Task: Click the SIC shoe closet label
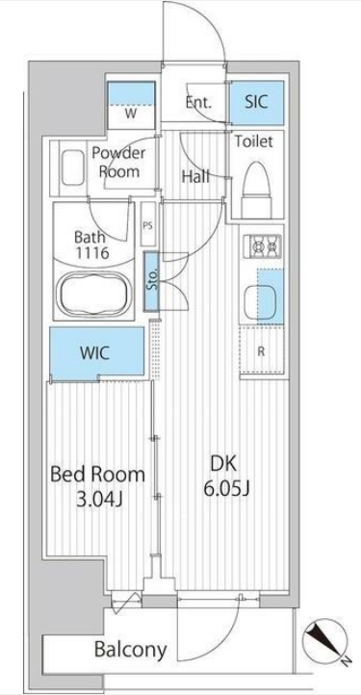[x=256, y=101]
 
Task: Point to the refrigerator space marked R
[x=261, y=352]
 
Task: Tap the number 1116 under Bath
[x=91, y=253]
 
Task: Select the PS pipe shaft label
[x=147, y=224]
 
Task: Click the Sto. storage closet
[x=152, y=281]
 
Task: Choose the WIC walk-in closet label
[x=94, y=353]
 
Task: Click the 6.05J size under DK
[x=227, y=489]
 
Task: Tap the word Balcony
[x=131, y=650]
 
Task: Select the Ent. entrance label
[x=198, y=102]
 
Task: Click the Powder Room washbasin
[x=73, y=167]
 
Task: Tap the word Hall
[x=195, y=177]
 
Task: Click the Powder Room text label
[x=118, y=163]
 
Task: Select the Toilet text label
[x=253, y=142]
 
